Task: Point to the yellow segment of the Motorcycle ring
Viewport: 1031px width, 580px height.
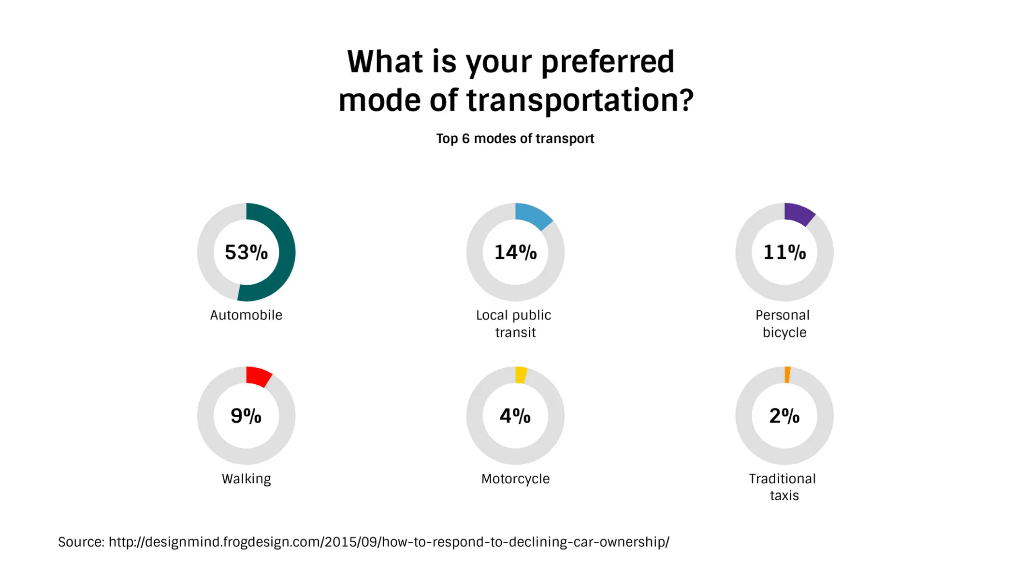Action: pyautogui.click(x=521, y=375)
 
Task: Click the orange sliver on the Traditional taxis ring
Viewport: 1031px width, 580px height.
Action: pyautogui.click(x=787, y=375)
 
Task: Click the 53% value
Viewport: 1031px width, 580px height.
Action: pyautogui.click(x=246, y=252)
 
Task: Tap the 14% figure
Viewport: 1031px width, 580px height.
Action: pyautogui.click(x=515, y=252)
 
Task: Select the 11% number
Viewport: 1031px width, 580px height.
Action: pyautogui.click(x=784, y=252)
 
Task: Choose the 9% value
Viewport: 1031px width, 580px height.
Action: pyautogui.click(x=246, y=416)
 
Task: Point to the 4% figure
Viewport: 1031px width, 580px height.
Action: pyautogui.click(x=515, y=416)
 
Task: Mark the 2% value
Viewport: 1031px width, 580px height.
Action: pyautogui.click(x=784, y=416)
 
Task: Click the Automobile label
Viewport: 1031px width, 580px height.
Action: pyautogui.click(x=246, y=315)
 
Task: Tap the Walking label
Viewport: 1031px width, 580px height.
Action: pyautogui.click(x=246, y=479)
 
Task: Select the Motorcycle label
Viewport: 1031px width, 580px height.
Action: pyautogui.click(x=515, y=479)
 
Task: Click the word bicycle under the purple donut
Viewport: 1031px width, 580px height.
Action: pyautogui.click(x=784, y=333)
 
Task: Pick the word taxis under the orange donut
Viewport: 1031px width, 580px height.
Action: pyautogui.click(x=784, y=495)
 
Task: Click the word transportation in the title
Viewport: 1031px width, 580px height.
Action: pyautogui.click(x=580, y=101)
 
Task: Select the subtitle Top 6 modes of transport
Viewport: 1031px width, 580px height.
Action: pyautogui.click(x=515, y=139)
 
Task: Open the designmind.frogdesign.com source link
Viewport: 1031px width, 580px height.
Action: pyautogui.click(x=389, y=542)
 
